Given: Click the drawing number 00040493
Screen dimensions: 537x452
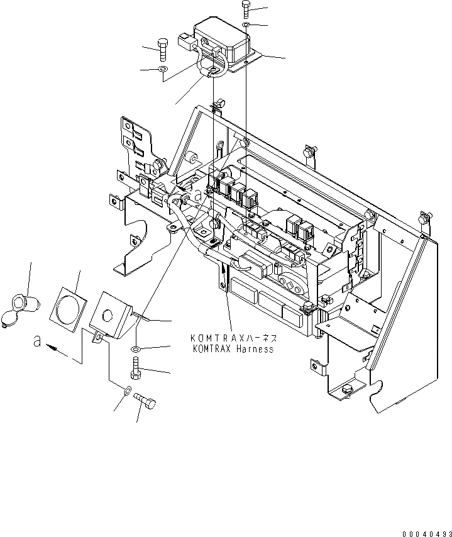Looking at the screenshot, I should pyautogui.click(x=424, y=530).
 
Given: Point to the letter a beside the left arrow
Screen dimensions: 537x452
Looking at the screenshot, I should pyautogui.click(x=38, y=342).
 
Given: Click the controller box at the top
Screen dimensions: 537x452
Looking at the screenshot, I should pyautogui.click(x=223, y=40).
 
